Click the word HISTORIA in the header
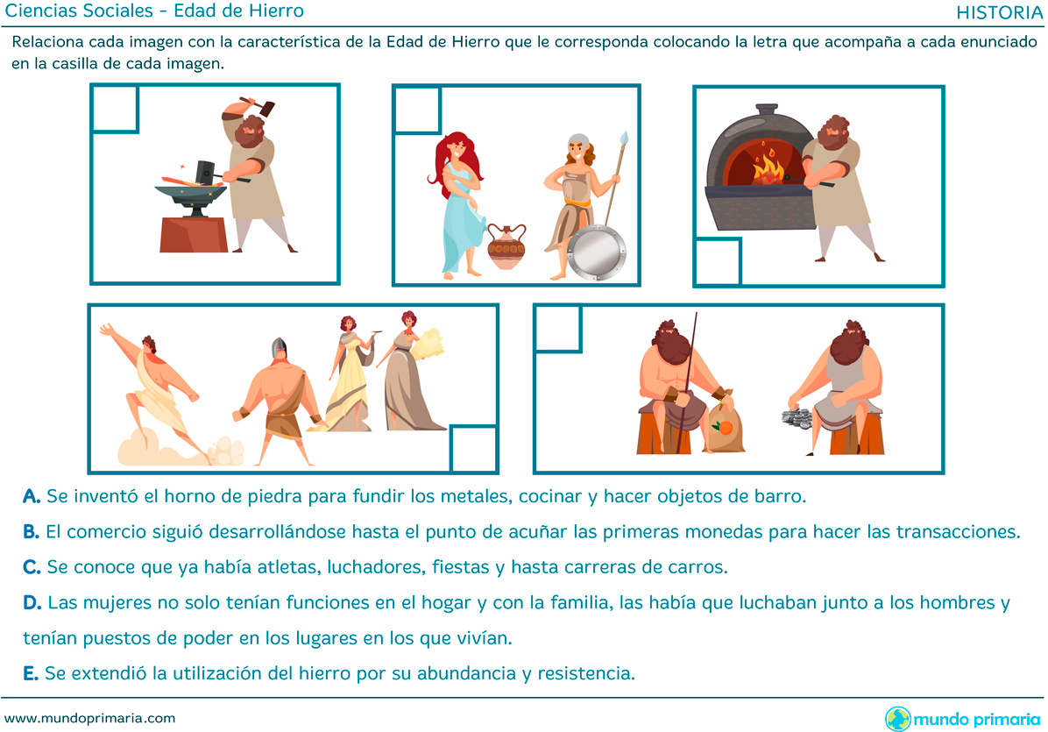pyautogui.click(x=999, y=12)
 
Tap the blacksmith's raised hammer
pyautogui.click(x=258, y=105)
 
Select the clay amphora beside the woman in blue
pyautogui.click(x=506, y=246)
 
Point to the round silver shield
pyautogui.click(x=597, y=252)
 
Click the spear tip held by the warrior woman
pyautogui.click(x=624, y=139)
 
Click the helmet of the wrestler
pyautogui.click(x=279, y=349)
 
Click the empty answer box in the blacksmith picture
pyautogui.click(x=114, y=108)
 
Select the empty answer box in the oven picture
pyautogui.click(x=718, y=262)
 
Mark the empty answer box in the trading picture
pyautogui.click(x=557, y=328)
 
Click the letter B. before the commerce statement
pyautogui.click(x=31, y=532)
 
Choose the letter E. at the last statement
pyautogui.click(x=30, y=673)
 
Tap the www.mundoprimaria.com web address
pyautogui.click(x=89, y=719)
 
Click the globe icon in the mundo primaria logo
pyautogui.click(x=897, y=720)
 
